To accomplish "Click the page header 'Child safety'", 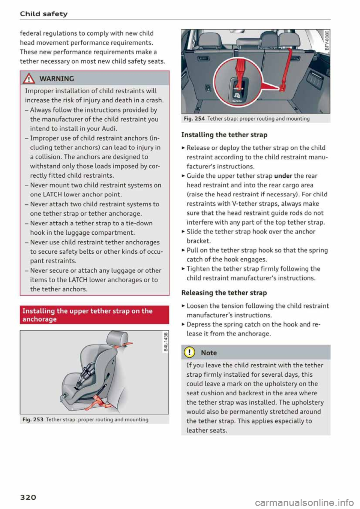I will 43,14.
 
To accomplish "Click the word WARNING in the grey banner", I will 56,79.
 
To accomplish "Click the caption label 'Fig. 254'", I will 194,119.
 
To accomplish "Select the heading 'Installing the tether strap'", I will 224,135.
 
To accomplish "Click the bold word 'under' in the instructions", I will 283,176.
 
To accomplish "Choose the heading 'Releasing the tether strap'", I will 224,293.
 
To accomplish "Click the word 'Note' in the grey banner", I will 209,353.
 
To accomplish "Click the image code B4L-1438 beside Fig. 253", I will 165,343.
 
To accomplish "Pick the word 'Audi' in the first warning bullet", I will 99,129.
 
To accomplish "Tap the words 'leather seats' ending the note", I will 206,430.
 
